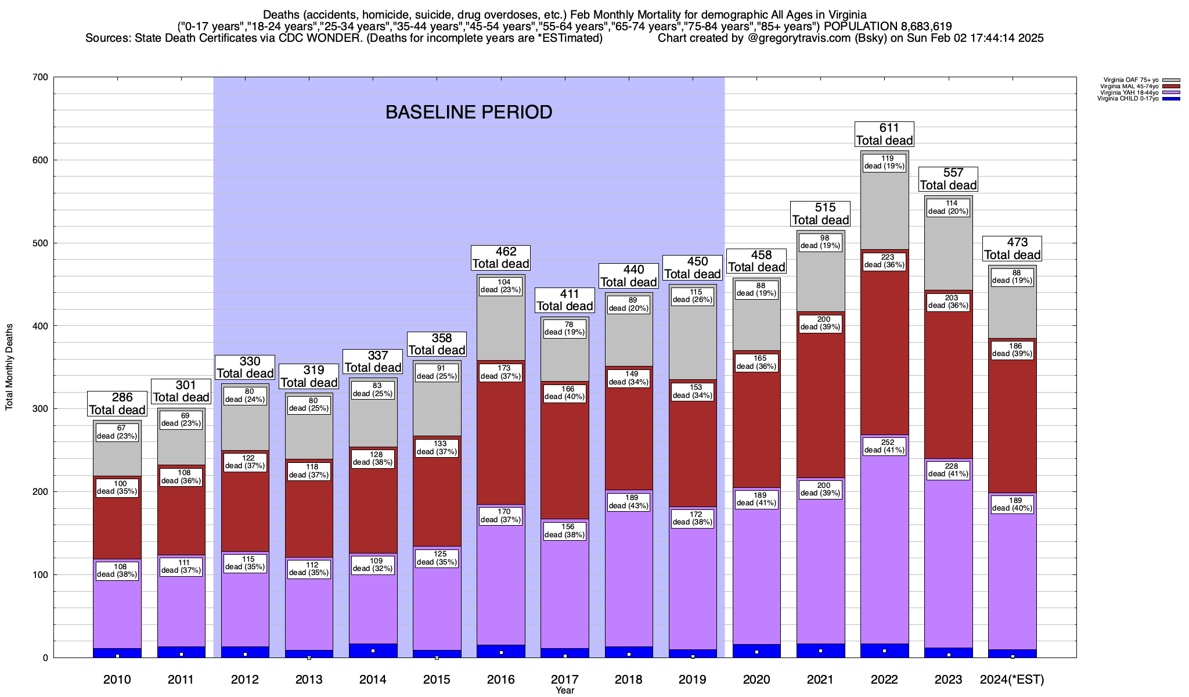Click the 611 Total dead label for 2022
tap(884, 134)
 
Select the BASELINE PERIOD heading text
tap(469, 112)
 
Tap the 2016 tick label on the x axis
tap(500, 680)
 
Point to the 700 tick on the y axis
tap(40, 77)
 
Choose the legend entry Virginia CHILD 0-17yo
tap(1127, 99)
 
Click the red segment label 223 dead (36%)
tap(884, 261)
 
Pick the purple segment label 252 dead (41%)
tap(884, 446)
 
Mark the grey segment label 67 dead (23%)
tap(117, 432)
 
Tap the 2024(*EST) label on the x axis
tap(1011, 680)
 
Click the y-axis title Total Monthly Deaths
tap(9, 367)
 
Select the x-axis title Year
tap(564, 691)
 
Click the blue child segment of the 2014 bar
tap(373, 651)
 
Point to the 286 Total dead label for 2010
tap(117, 404)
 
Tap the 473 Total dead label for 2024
tap(1012, 249)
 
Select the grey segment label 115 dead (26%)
tap(693, 296)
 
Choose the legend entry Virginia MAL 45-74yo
tap(1129, 87)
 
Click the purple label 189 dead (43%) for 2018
tap(629, 502)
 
